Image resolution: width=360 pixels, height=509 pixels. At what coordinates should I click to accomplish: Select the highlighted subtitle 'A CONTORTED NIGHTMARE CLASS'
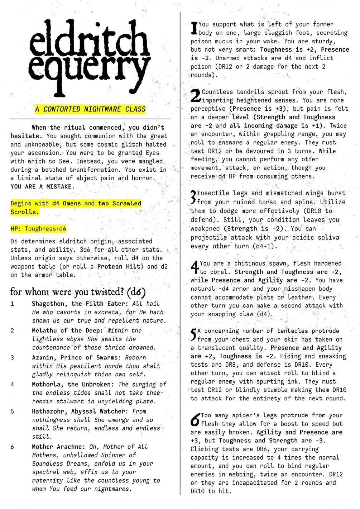tap(90, 109)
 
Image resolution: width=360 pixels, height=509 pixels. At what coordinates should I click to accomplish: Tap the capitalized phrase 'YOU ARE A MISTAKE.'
tap(43, 187)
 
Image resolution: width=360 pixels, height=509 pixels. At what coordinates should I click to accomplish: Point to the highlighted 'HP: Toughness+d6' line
tap(38, 229)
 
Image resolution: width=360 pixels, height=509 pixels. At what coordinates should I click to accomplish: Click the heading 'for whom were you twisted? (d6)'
tap(78, 292)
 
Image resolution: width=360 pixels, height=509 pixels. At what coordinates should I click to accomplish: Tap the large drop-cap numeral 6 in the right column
tap(196, 419)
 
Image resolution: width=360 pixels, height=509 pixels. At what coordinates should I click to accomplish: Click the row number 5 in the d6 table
tap(12, 412)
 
